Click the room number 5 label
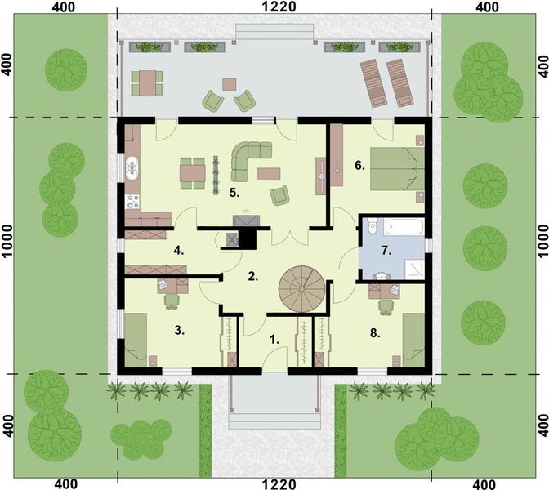pyautogui.click(x=233, y=194)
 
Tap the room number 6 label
pyautogui.click(x=359, y=166)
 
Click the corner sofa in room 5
pyautogui.click(x=250, y=158)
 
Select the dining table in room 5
pyautogui.click(x=194, y=172)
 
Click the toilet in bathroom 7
pyautogui.click(x=372, y=225)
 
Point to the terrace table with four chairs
pyautogui.click(x=148, y=82)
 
